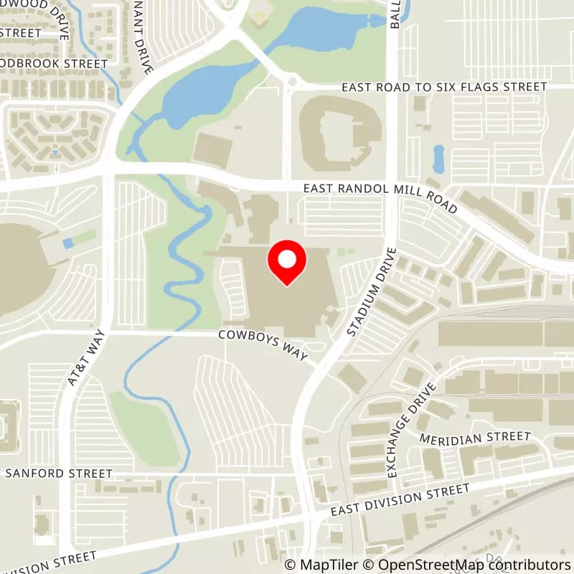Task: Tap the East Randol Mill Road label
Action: [x=380, y=194]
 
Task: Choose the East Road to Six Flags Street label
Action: [x=444, y=87]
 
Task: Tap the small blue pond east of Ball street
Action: [x=438, y=159]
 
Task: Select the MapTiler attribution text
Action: [x=322, y=565]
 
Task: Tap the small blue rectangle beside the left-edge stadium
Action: [x=67, y=244]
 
